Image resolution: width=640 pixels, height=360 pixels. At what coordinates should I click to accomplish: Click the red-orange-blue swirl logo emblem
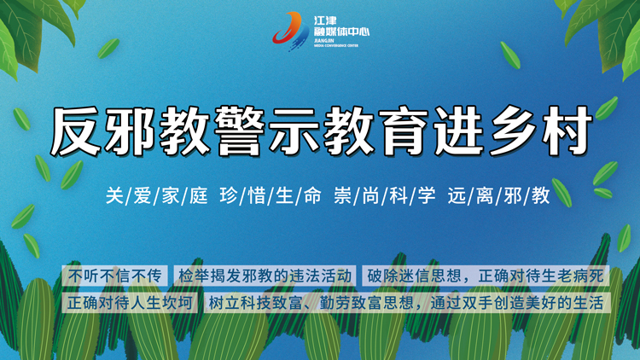point(290,31)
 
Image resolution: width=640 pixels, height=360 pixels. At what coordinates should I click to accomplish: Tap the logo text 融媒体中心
point(341,32)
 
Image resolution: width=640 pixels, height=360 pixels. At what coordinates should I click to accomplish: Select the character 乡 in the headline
point(515,131)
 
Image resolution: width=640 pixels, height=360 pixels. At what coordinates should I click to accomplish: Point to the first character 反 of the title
point(76,131)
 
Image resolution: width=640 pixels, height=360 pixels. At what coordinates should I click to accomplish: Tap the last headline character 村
point(567,131)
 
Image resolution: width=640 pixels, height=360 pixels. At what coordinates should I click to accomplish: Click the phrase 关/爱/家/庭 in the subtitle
point(157,195)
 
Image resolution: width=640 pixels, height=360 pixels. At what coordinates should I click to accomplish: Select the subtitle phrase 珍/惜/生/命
point(271,195)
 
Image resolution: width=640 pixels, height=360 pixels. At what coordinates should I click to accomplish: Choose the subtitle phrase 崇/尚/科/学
point(385,195)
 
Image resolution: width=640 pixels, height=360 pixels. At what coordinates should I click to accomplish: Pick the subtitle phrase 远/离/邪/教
point(499,195)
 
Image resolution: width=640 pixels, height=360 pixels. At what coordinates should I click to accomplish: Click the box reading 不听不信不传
point(114,276)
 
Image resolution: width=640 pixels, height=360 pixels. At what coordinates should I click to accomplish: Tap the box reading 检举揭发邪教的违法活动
point(265,276)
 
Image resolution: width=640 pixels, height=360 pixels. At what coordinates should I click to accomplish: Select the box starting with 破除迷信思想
point(486,276)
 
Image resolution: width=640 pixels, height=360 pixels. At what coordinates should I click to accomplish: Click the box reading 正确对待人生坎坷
point(130,303)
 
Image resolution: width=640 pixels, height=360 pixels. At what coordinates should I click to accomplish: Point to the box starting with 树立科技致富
point(407,303)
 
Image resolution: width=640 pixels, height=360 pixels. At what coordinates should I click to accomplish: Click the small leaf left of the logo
point(108,48)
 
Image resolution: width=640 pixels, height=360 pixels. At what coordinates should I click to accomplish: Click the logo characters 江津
point(325,20)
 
